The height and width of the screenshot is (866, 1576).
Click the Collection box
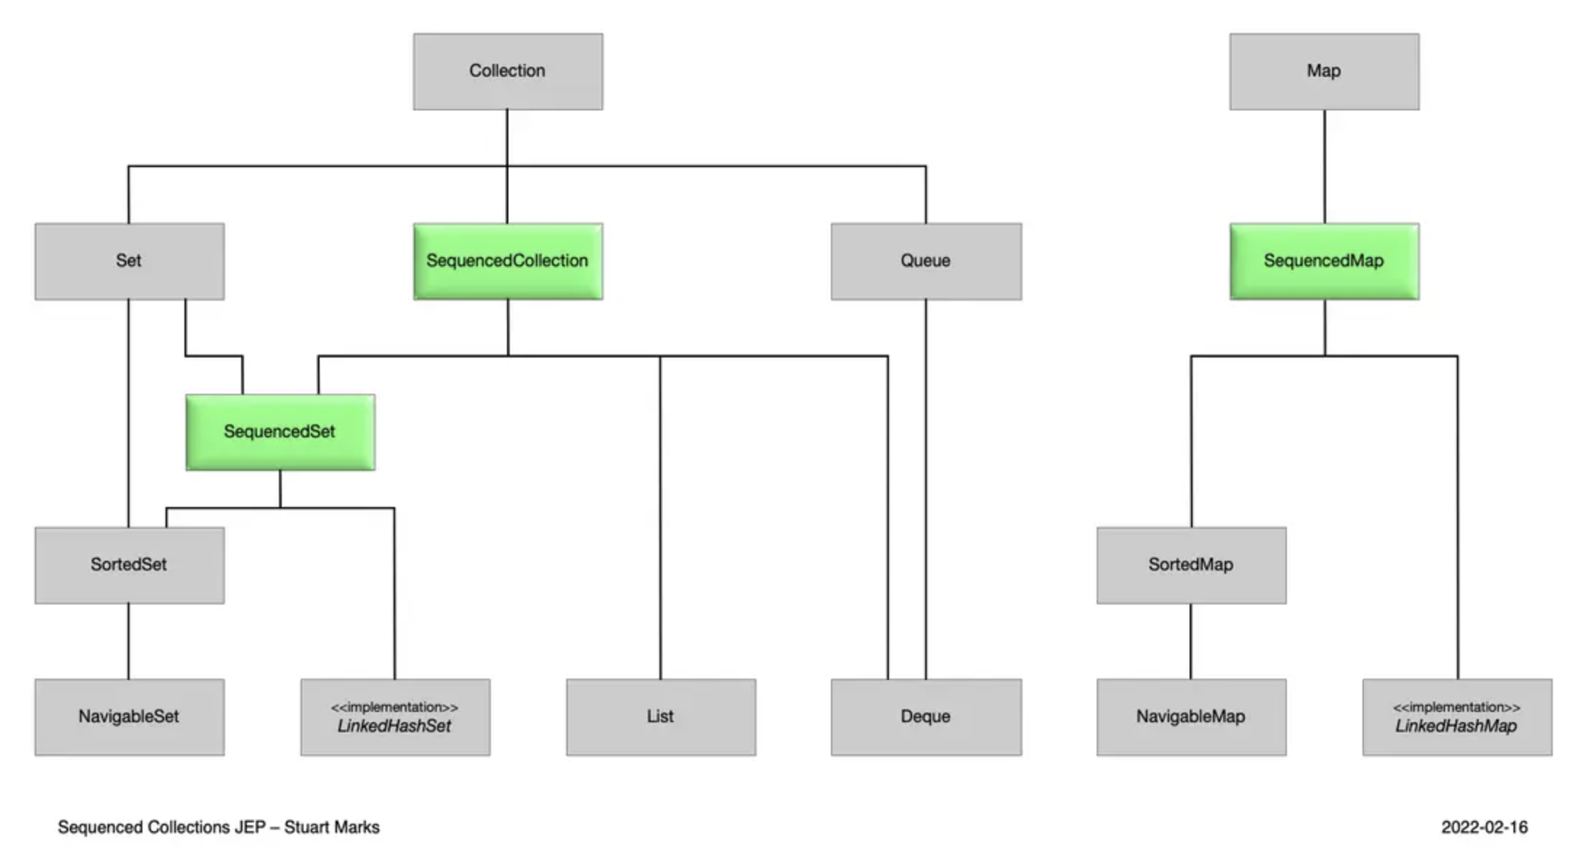coord(508,71)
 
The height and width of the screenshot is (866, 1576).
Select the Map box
coord(1324,71)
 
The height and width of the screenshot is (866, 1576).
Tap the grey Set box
coord(129,262)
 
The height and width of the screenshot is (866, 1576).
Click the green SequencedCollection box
coord(508,262)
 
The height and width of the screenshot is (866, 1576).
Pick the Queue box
coord(926,262)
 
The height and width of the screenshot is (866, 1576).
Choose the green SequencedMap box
coord(1324,262)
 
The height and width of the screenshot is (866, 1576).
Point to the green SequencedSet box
coord(280,432)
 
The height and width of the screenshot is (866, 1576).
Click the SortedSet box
coord(129,565)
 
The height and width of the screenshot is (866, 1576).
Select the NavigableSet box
coord(129,717)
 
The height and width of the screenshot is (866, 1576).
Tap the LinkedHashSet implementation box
coord(395,717)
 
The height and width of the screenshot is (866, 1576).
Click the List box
coord(661,717)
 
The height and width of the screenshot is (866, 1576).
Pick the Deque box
coord(926,717)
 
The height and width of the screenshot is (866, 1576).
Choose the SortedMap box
coord(1191,565)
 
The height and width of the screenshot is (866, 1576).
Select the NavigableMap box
coord(1191,717)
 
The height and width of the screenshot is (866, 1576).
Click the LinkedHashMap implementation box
coord(1457,717)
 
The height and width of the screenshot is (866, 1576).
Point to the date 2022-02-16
coord(1484,827)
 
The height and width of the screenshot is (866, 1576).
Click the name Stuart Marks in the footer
coord(332,827)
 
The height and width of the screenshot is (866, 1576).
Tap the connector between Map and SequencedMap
coord(1324,167)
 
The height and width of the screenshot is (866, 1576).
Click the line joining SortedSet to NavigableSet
coord(129,642)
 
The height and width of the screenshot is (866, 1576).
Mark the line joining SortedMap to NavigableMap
coord(1191,642)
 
